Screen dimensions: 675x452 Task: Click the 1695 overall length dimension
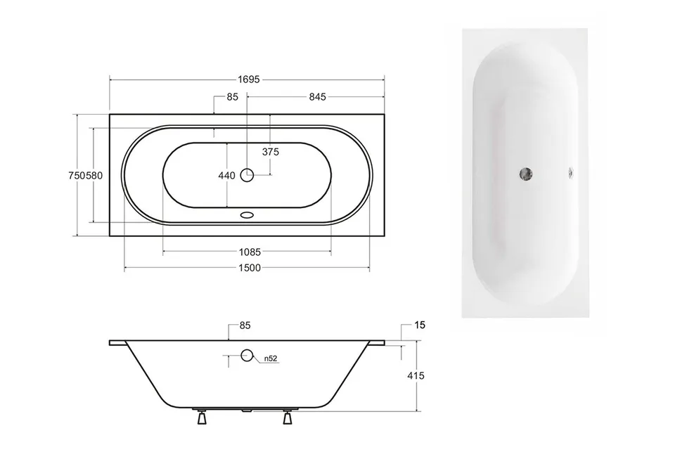click(249, 79)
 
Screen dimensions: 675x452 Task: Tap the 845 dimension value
click(317, 97)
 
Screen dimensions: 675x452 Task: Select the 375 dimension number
click(270, 152)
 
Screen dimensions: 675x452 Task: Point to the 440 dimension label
click(226, 176)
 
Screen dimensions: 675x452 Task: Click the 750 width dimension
click(77, 176)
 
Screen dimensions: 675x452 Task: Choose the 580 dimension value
click(94, 176)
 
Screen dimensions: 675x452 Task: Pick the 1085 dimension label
click(250, 252)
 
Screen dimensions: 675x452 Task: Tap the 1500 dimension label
click(250, 268)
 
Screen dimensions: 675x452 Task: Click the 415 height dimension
click(416, 376)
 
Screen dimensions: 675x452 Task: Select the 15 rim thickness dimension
click(420, 325)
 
